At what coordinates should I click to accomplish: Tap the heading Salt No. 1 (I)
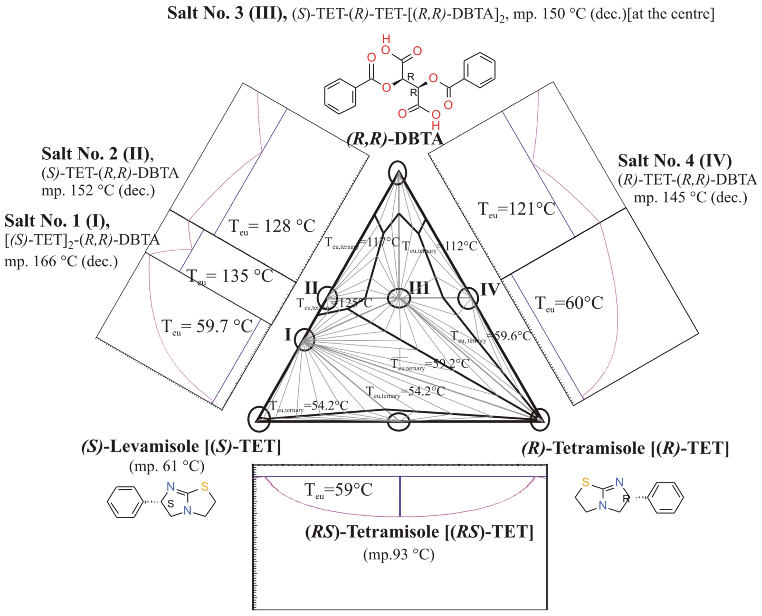point(57,221)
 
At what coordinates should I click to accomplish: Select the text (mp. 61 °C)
point(167,466)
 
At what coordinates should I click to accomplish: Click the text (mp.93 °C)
point(398,554)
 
